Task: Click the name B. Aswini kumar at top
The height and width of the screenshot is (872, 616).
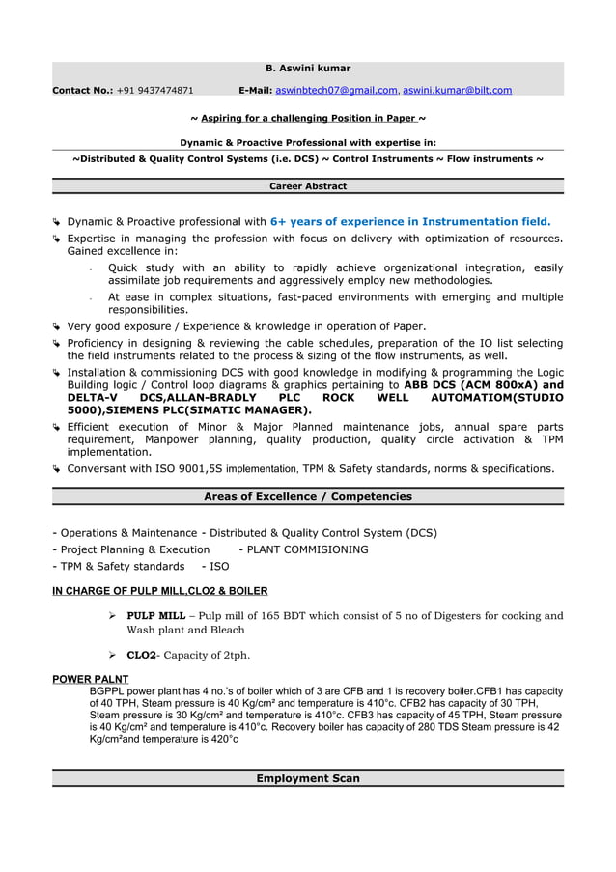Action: click(308, 69)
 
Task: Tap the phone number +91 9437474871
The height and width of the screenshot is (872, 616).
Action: click(154, 91)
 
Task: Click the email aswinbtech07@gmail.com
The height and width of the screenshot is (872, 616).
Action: click(336, 91)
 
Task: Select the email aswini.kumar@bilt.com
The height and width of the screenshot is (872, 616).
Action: click(458, 91)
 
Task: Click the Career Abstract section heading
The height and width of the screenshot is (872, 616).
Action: click(308, 186)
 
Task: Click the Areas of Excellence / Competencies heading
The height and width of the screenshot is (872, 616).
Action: click(308, 497)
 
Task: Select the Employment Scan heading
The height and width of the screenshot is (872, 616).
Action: click(308, 778)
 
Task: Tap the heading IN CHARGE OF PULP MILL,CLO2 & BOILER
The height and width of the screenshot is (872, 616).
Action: click(159, 591)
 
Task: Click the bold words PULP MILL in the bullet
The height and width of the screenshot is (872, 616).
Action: click(155, 616)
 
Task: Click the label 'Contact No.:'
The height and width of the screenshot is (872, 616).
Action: click(82, 91)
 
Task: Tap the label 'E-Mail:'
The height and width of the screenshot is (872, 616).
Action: click(255, 91)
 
